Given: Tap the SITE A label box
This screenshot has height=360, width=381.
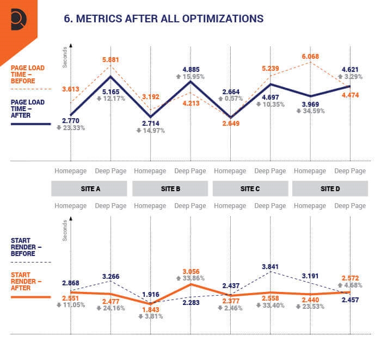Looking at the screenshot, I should [x=90, y=188].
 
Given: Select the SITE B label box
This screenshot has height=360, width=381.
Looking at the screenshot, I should [x=170, y=188].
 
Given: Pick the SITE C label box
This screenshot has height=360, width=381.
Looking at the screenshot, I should [x=250, y=188].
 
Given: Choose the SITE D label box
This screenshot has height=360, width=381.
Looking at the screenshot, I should [x=330, y=188].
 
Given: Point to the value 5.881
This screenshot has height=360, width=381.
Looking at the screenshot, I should [x=110, y=60].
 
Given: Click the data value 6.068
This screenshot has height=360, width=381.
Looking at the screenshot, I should [x=310, y=56].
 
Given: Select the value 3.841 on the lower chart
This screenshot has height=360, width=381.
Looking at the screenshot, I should [x=271, y=267].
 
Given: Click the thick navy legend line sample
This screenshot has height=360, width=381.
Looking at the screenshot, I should [x=30, y=124].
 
